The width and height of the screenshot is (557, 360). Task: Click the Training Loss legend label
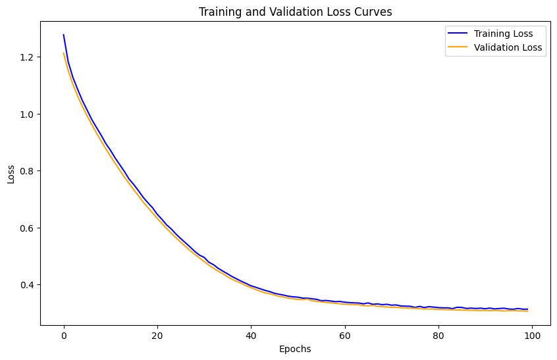tap(503, 34)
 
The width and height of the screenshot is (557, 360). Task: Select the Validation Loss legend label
tap(508, 47)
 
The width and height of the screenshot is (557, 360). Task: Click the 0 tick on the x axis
tap(64, 336)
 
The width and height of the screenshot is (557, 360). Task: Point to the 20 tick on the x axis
tap(157, 336)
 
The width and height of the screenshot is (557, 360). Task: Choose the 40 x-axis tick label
tap(251, 336)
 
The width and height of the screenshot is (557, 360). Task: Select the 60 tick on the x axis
tap(344, 336)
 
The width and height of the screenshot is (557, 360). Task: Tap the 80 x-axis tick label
tap(438, 336)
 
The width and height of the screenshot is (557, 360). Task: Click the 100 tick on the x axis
tap(531, 336)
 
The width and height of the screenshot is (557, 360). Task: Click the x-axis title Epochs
tap(295, 349)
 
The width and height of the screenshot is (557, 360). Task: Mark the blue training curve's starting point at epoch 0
tap(64, 35)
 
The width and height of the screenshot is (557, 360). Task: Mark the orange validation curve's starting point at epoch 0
tap(64, 53)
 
